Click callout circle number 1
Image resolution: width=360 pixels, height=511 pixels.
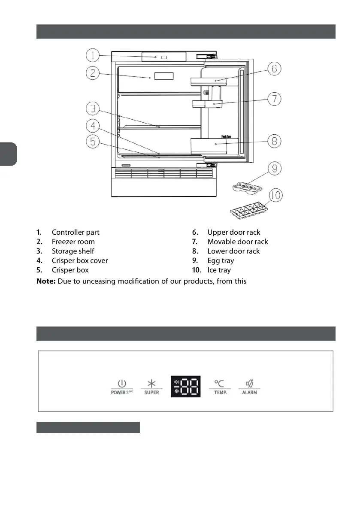[93, 55]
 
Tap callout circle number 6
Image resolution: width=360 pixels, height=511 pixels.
[275, 69]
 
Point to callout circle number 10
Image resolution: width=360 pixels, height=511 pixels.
[276, 196]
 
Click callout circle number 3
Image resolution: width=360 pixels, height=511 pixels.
[93, 109]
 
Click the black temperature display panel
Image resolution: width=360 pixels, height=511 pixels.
[186, 387]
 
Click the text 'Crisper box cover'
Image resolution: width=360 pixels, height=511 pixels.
[80, 260]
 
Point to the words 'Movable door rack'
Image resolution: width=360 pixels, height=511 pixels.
[238, 242]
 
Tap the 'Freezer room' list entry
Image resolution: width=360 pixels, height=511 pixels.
[73, 242]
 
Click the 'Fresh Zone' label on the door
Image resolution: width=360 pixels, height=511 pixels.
[227, 136]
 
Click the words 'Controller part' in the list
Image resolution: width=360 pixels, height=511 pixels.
[76, 232]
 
